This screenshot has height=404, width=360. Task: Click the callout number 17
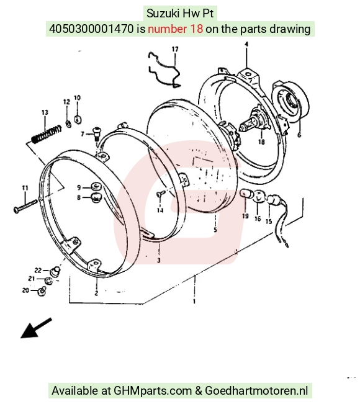pyautogui.click(x=175, y=49)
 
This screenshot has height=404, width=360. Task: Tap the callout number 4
pyautogui.click(x=246, y=44)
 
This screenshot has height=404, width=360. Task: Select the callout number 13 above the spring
pyautogui.click(x=45, y=112)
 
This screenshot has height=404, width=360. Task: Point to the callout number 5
pyautogui.click(x=215, y=230)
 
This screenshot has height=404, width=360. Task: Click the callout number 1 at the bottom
pyautogui.click(x=194, y=301)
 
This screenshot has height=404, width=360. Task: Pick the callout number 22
pyautogui.click(x=38, y=271)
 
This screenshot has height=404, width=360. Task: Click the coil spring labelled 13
pyautogui.click(x=47, y=135)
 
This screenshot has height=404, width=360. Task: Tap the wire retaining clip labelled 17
pyautogui.click(x=164, y=70)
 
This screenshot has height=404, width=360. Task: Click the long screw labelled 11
pyautogui.click(x=25, y=206)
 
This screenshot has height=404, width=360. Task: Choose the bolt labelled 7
pyautogui.click(x=96, y=133)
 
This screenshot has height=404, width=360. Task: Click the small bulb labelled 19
pyautogui.click(x=245, y=194)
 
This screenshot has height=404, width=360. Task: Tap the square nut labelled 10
pyautogui.click(x=78, y=119)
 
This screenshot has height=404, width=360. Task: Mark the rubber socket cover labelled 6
pyautogui.click(x=290, y=101)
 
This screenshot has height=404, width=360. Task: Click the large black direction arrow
pyautogui.click(x=36, y=328)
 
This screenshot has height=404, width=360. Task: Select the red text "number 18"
pyautogui.click(x=175, y=29)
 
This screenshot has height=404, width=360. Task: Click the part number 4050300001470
pyautogui.click(x=91, y=29)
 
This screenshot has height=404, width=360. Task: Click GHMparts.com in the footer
pyautogui.click(x=153, y=390)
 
